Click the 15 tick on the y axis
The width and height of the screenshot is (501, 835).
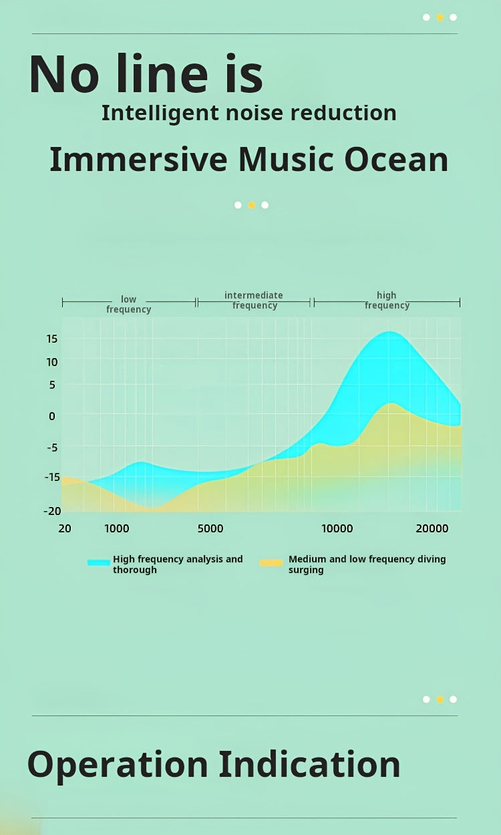[51, 339]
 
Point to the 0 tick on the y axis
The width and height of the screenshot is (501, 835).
[51, 415]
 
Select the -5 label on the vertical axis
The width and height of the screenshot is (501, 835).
[51, 448]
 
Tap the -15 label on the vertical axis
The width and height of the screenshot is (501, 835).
[51, 477]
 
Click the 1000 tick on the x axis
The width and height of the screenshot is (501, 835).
[117, 529]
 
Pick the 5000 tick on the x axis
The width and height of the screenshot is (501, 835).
[210, 529]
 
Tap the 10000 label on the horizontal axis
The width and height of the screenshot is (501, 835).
[337, 529]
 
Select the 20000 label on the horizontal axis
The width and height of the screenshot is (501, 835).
[432, 529]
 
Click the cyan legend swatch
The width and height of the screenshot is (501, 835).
[99, 563]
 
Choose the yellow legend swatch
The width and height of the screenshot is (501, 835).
[271, 563]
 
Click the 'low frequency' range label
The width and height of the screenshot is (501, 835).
[128, 305]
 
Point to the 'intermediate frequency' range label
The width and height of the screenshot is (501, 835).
[254, 301]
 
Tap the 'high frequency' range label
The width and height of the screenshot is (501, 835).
[387, 301]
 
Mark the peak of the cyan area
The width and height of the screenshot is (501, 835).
[388, 332]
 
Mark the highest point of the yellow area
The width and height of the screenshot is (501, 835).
[391, 403]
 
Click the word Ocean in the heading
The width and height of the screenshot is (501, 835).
[396, 160]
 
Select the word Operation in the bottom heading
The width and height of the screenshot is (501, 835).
[118, 765]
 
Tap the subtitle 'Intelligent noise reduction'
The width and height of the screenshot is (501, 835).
[248, 113]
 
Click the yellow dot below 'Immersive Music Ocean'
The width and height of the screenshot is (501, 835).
[251, 205]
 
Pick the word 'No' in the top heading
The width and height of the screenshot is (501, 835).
[65, 74]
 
